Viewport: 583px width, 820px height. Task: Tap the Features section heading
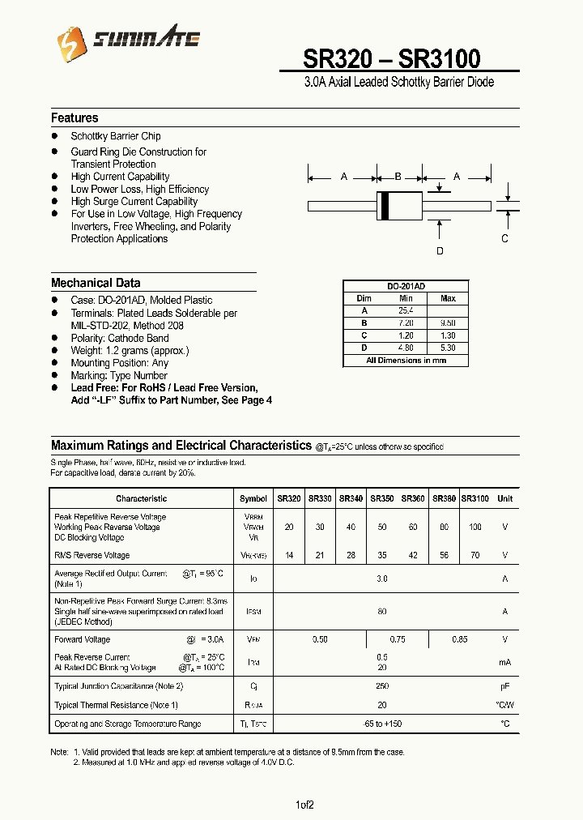click(74, 118)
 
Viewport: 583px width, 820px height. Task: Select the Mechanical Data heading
click(96, 283)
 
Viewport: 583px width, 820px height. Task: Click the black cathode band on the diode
click(385, 205)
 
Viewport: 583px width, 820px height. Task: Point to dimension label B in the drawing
click(398, 176)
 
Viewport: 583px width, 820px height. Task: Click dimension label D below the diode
click(440, 251)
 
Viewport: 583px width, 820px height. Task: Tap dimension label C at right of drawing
click(504, 238)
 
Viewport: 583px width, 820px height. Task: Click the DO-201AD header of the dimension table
click(406, 287)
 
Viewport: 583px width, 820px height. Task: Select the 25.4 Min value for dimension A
click(406, 310)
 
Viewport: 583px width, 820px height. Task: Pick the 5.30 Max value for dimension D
click(448, 348)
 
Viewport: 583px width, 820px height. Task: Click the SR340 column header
click(351, 499)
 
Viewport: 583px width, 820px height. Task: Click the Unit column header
click(504, 499)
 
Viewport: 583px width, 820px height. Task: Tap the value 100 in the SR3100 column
click(474, 527)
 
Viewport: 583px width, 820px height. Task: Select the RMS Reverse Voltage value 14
click(289, 556)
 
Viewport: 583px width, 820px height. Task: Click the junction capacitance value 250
click(382, 686)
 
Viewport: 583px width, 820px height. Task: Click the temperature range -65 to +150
click(382, 724)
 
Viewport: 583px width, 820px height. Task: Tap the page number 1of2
click(304, 805)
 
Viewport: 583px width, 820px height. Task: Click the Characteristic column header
click(141, 499)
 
